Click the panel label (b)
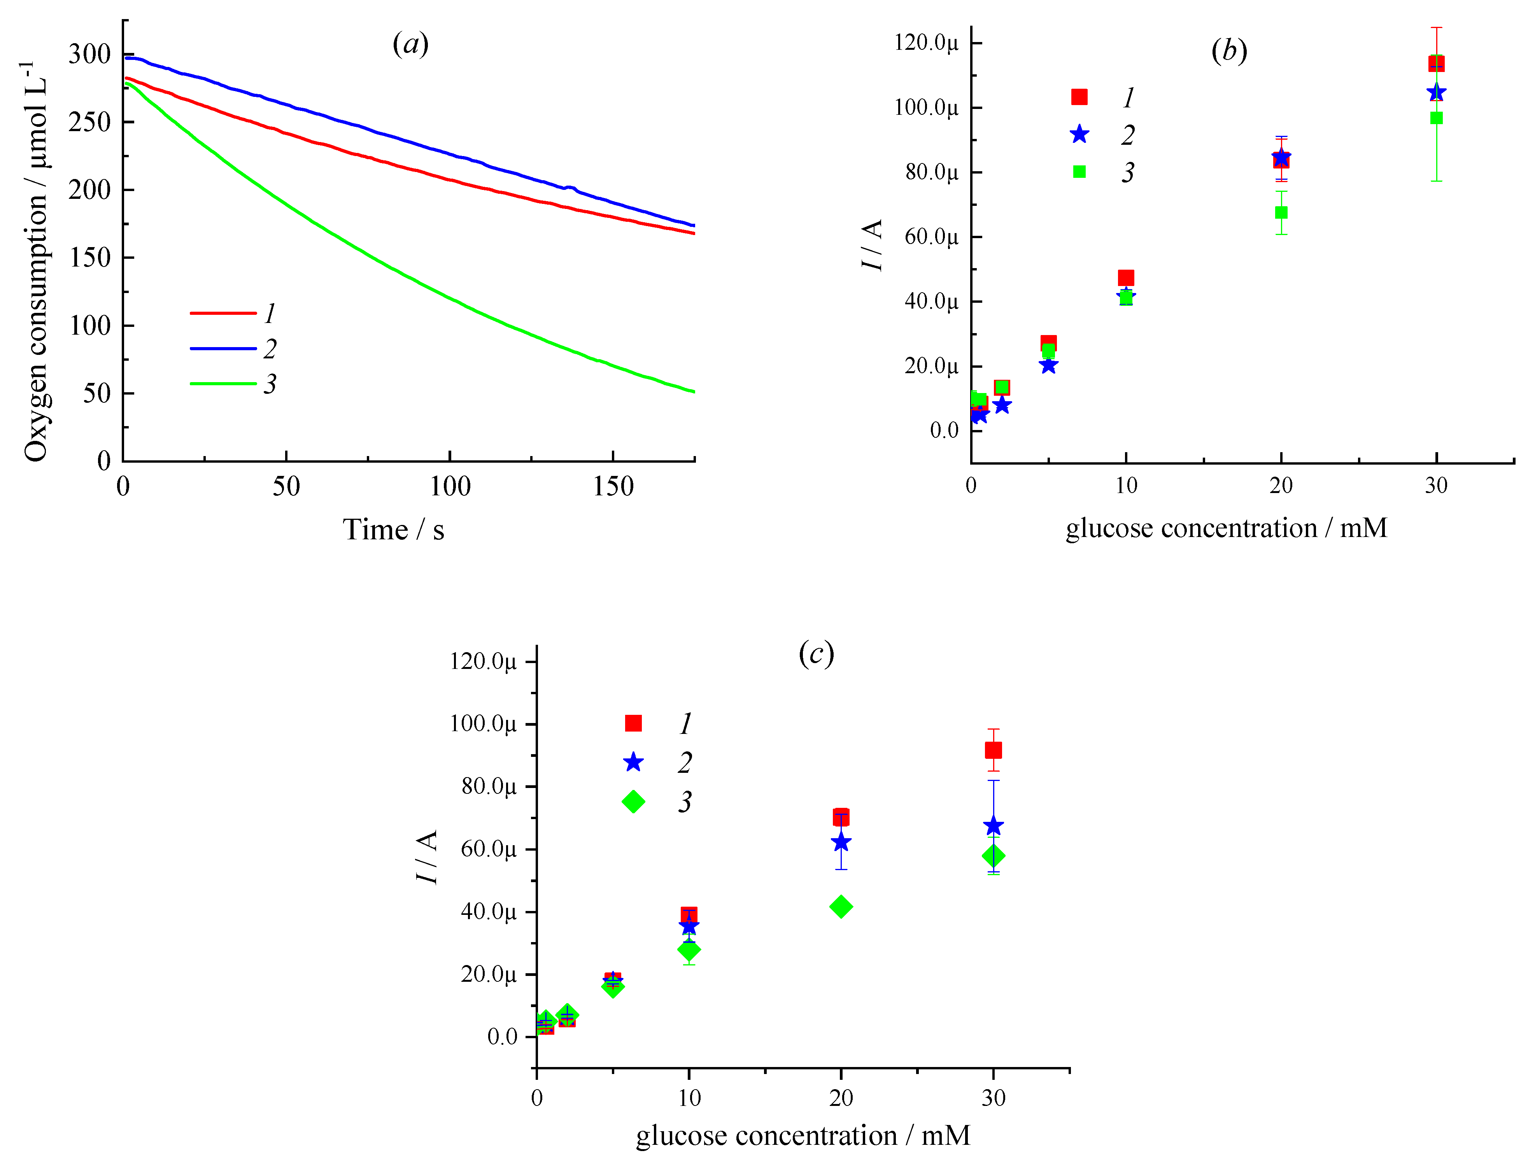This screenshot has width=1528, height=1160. (x=1229, y=51)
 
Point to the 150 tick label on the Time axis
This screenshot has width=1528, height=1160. (x=613, y=486)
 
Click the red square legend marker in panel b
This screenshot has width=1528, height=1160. (x=1079, y=97)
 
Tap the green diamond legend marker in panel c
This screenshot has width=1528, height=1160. (x=633, y=802)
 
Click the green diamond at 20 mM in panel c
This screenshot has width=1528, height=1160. (x=841, y=906)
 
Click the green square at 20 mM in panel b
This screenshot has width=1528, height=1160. (x=1281, y=212)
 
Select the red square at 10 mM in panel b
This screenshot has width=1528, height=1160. (x=1126, y=278)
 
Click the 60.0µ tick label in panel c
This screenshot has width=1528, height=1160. (x=488, y=849)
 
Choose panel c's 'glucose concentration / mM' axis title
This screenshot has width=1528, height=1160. (x=803, y=1135)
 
